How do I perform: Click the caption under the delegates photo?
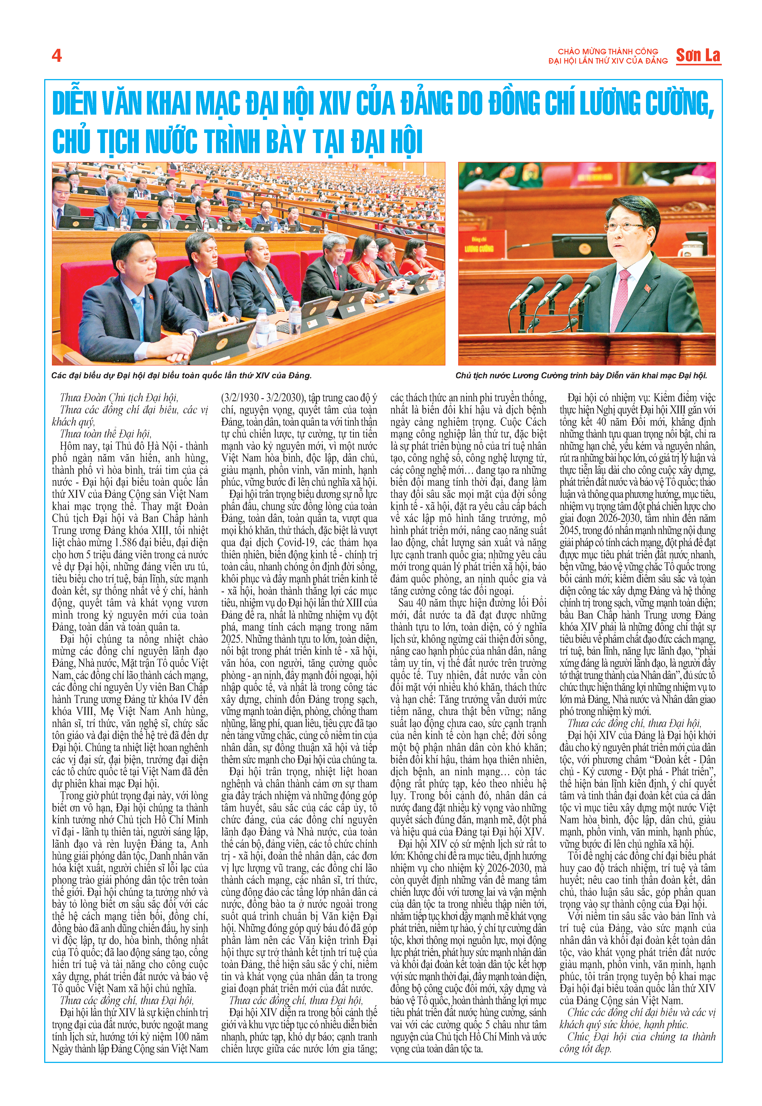click(x=181, y=375)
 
